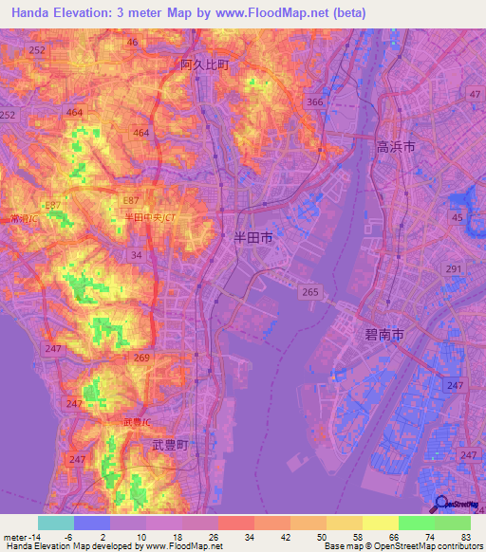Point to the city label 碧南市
[x=384, y=335]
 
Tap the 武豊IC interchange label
[x=139, y=420]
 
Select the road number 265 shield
[x=308, y=294]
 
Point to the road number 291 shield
[x=454, y=269]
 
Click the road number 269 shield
[x=142, y=358]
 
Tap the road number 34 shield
[x=138, y=255]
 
